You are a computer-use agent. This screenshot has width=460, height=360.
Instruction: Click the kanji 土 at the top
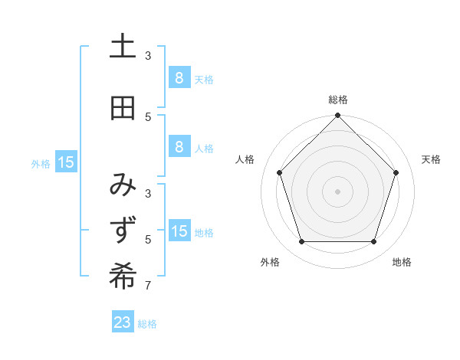(x=123, y=47)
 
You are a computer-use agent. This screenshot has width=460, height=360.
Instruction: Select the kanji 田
(x=123, y=109)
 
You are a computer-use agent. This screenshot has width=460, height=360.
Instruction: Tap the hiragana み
(x=123, y=185)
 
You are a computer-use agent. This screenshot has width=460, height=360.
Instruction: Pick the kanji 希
(x=123, y=277)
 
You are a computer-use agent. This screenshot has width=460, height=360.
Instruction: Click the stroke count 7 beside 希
(x=149, y=286)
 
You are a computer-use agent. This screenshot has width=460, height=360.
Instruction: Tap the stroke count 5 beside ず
(x=149, y=240)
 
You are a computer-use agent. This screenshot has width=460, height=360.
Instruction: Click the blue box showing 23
(x=123, y=322)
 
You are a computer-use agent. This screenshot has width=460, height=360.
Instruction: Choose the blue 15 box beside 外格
(x=66, y=162)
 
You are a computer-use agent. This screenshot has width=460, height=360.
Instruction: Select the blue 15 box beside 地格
(x=179, y=231)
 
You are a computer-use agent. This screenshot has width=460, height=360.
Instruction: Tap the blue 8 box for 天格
(x=179, y=77)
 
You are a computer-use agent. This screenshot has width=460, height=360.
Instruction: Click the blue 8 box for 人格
(x=179, y=147)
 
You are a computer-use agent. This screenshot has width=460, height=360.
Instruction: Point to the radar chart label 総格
(x=337, y=100)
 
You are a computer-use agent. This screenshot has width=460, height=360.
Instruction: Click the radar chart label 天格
(x=431, y=159)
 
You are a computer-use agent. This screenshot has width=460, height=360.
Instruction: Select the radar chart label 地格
(x=402, y=262)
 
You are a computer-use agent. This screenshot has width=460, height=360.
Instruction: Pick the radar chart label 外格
(x=270, y=262)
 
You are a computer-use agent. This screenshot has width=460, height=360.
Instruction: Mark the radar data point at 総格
(x=337, y=116)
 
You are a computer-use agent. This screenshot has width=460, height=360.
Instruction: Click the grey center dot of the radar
(x=337, y=191)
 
